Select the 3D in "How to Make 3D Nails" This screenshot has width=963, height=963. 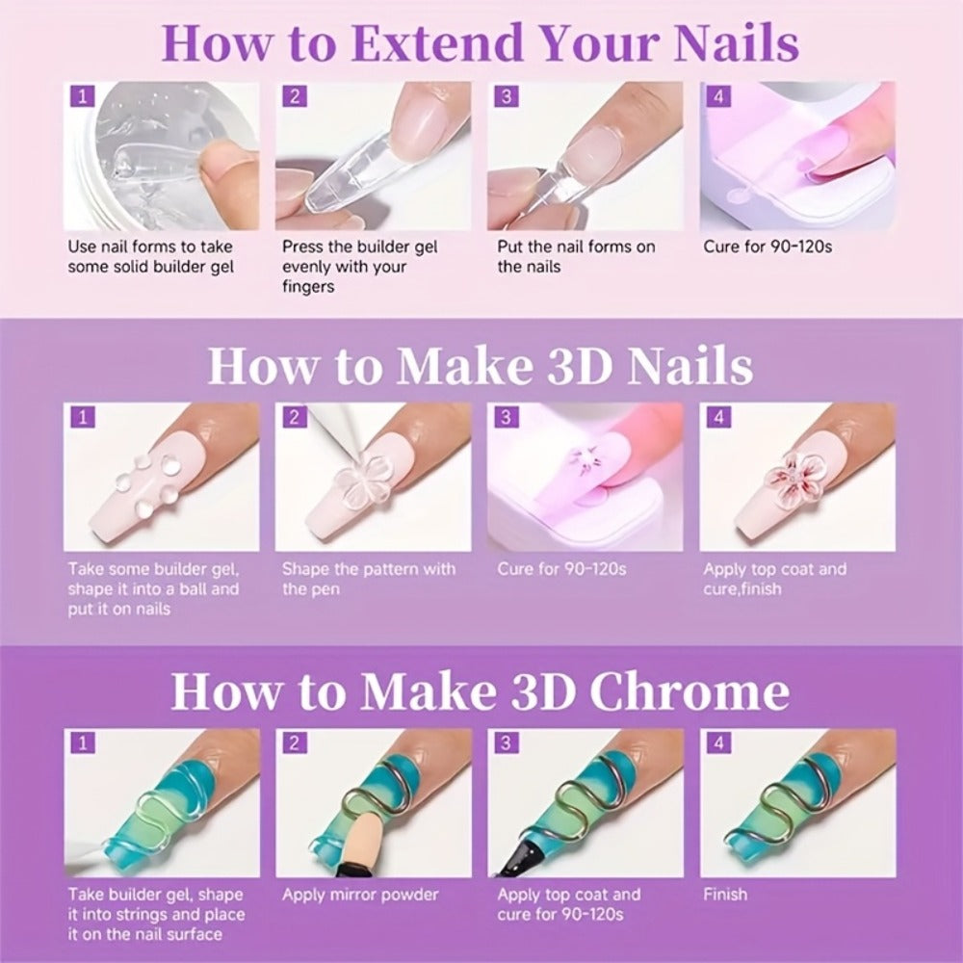581,366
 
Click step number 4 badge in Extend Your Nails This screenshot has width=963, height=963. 718,96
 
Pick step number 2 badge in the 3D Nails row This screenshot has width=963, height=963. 294,418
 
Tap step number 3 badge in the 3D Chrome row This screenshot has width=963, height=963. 506,743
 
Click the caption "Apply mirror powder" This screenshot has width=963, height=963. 360,895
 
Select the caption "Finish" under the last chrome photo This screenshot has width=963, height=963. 725,895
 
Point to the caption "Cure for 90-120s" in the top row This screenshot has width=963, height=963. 768,247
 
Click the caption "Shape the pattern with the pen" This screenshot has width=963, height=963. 369,579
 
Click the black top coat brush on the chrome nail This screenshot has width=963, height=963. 518,852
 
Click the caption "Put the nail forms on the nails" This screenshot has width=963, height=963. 576,257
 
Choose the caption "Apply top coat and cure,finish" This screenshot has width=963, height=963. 774,579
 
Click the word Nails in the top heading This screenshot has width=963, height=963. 737,43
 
